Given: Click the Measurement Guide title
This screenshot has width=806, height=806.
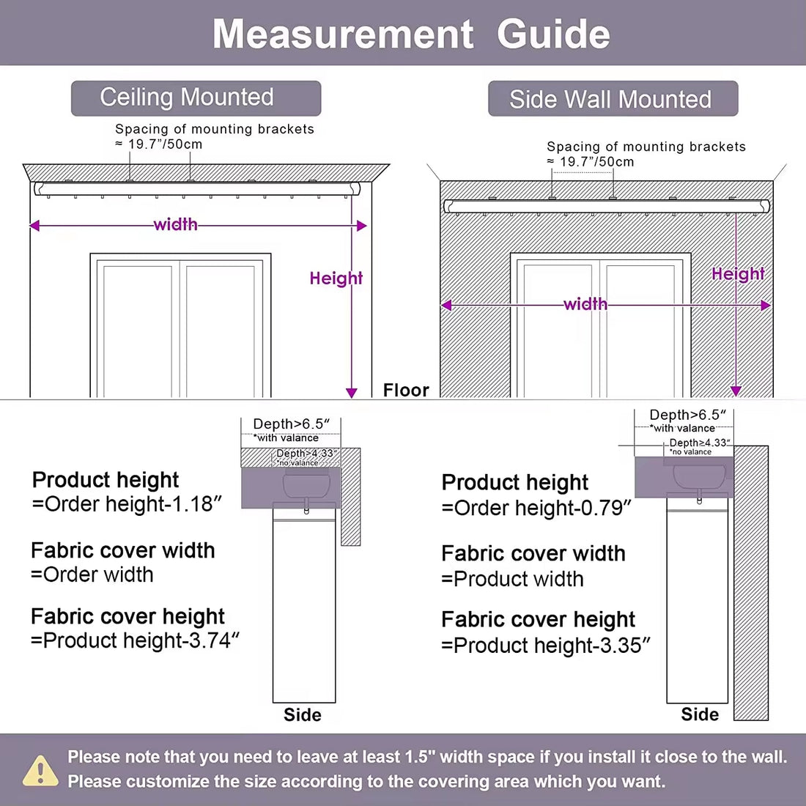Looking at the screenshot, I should point(411,34).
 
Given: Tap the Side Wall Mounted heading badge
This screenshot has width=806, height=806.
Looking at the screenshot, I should point(612,99).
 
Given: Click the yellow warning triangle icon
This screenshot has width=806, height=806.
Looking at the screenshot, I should point(40,771).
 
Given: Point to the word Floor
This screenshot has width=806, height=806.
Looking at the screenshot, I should point(406,390).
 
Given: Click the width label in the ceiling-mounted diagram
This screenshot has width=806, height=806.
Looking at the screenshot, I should point(175,224).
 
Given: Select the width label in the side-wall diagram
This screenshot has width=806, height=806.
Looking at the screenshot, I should point(585,304).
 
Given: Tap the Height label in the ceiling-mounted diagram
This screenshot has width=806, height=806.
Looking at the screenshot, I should point(336,278).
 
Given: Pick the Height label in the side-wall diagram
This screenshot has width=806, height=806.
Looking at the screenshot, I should point(737,274).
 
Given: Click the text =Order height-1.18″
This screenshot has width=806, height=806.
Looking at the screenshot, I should point(126,504).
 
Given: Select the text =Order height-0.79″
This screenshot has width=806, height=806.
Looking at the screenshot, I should point(536,508).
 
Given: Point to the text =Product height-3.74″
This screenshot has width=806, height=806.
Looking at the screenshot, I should point(136,640).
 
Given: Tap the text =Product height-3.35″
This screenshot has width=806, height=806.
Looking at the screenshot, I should point(546,645).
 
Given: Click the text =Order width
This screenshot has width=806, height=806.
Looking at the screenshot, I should point(92,574).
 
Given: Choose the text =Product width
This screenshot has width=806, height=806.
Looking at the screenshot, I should point(513,579).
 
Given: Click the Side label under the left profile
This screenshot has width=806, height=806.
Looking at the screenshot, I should point(303,715).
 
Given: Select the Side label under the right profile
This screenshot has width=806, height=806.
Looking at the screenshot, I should point(700,714).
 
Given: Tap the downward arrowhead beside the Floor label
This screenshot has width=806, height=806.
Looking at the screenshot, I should point(352,393).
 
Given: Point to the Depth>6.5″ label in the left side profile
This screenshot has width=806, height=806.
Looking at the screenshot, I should point(291,424).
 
